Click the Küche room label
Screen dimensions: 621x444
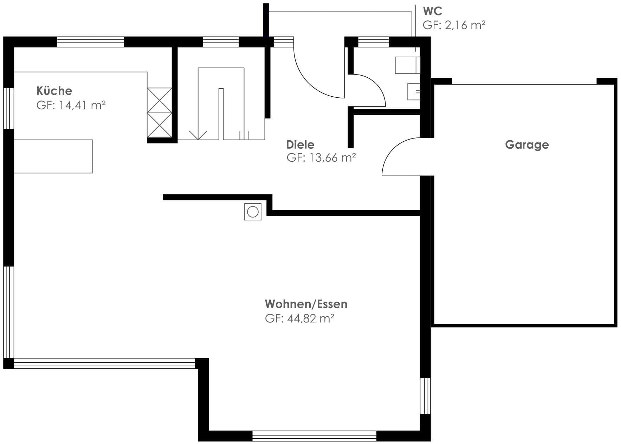coord(54,91)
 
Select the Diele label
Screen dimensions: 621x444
coord(300,144)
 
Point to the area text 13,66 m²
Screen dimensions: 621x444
coord(332,157)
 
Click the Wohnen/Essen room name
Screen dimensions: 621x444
coord(306,304)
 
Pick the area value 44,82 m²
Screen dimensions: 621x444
coord(311,318)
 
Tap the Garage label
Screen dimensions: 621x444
coord(527,145)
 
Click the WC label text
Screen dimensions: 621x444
coord(433,11)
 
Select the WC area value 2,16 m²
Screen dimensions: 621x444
coord(465,25)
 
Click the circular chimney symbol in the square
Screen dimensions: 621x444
coord(253,212)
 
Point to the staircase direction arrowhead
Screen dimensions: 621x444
coord(198,135)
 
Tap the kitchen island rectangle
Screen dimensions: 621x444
coord(53,156)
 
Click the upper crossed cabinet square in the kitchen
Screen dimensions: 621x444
coord(160,100)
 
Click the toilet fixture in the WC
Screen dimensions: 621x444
coord(407,65)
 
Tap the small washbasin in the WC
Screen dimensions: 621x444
coord(414,91)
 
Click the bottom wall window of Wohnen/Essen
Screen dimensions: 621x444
coord(314,436)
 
